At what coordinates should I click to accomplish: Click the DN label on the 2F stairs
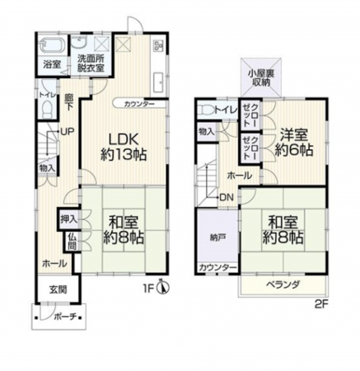click(226, 196)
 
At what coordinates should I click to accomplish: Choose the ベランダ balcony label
click(283, 284)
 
